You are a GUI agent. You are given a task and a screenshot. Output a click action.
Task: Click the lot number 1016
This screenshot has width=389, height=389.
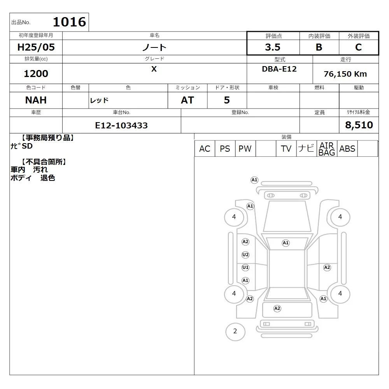pos(70,22)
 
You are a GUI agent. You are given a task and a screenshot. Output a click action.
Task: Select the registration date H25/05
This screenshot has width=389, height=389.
pos(36,47)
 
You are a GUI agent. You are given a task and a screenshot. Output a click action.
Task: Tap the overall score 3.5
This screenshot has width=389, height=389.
pos(273,47)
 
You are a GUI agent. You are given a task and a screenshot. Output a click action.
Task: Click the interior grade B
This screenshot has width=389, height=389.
pos(319,47)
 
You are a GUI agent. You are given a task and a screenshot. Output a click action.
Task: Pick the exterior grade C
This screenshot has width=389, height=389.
pos(359,47)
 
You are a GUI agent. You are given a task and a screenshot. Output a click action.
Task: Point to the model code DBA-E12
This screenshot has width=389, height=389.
pos(279,69)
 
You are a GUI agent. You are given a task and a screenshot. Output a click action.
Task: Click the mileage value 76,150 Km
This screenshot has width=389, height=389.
pos(345,74)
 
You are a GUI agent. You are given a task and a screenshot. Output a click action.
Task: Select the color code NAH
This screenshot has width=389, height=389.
pos(36,100)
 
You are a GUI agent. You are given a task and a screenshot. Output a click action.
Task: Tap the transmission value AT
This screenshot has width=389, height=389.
pos(187,100)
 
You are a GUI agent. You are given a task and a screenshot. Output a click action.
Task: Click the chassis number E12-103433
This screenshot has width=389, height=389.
pos(121,125)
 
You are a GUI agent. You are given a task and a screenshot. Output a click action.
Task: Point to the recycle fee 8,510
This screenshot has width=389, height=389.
pos(359,125)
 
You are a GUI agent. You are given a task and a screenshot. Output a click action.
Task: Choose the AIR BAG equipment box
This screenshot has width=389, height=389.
pos(327,149)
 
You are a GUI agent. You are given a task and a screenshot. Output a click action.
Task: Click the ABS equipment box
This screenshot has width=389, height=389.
pos(347,149)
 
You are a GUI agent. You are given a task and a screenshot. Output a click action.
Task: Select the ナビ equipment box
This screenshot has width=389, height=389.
pos(307,149)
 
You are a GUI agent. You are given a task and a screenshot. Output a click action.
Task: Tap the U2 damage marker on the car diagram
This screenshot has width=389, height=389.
pos(245,255)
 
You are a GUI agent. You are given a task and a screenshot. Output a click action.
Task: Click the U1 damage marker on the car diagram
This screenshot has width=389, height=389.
pos(245,268)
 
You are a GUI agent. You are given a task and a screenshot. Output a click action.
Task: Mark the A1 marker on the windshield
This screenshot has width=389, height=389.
pos(286,243)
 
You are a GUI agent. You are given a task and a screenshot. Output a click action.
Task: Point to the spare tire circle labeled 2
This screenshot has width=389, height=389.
pos(235,331)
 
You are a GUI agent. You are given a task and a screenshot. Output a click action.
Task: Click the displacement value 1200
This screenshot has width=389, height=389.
pos(36,74)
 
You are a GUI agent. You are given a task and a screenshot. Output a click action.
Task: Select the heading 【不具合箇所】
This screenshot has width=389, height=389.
pos(44,162)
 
